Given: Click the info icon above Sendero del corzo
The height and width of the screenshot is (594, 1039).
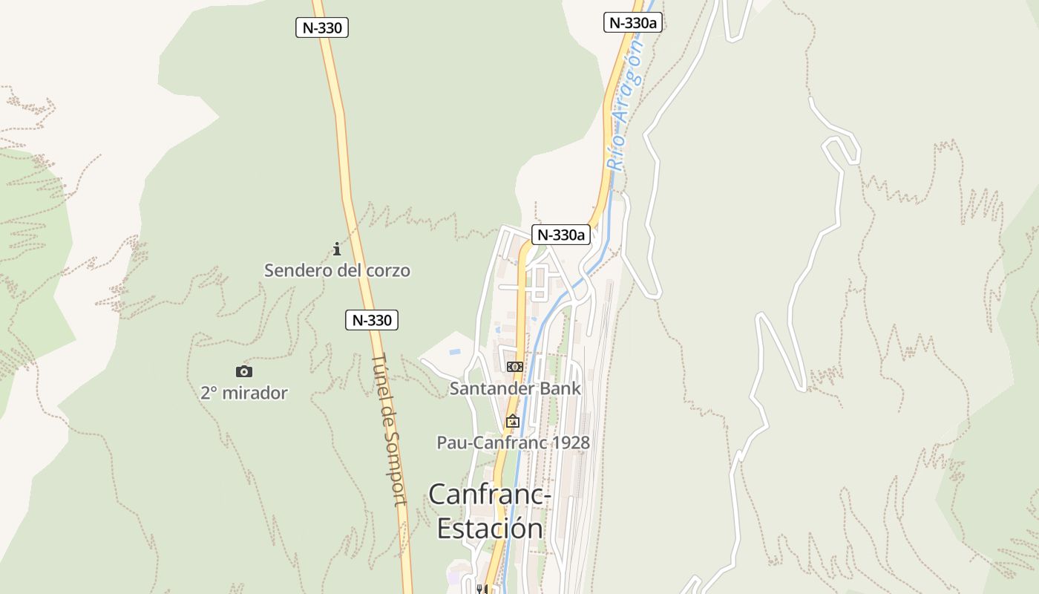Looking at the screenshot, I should coord(336,249).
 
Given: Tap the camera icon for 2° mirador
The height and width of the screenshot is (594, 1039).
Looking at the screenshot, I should coord(243,371).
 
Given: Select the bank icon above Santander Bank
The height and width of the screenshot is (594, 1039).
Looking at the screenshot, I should coord(514,367).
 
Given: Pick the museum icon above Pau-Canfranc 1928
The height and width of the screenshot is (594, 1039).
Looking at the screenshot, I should coord(512,421).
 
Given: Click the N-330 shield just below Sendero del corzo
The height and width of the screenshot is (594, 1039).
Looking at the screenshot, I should coord(372,320).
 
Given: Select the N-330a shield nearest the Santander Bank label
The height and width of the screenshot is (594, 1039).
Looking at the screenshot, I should coord(560,235).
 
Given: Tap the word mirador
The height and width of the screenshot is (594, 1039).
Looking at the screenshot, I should coord(255,393).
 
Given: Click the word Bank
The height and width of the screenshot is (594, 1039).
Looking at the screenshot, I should coord(561,388).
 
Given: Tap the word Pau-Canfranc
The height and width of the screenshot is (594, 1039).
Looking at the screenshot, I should coord(491,443).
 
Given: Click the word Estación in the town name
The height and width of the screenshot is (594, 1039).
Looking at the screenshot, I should coord(490,528).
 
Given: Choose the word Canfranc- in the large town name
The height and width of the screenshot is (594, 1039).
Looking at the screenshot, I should coord(490,494).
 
